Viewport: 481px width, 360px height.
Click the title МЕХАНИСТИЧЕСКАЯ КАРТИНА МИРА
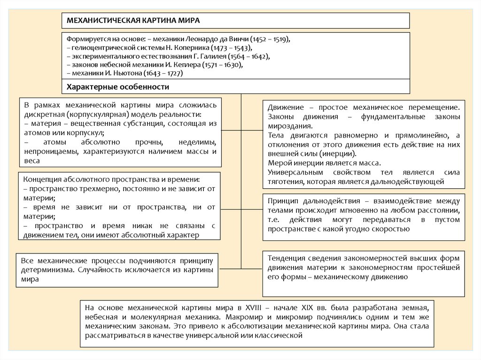tap(134, 21)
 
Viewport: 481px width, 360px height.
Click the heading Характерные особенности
tap(118, 87)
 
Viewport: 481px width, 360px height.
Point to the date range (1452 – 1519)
tap(271, 39)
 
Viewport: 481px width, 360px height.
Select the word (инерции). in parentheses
tap(342, 154)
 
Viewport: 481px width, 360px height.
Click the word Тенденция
tap(287, 258)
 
